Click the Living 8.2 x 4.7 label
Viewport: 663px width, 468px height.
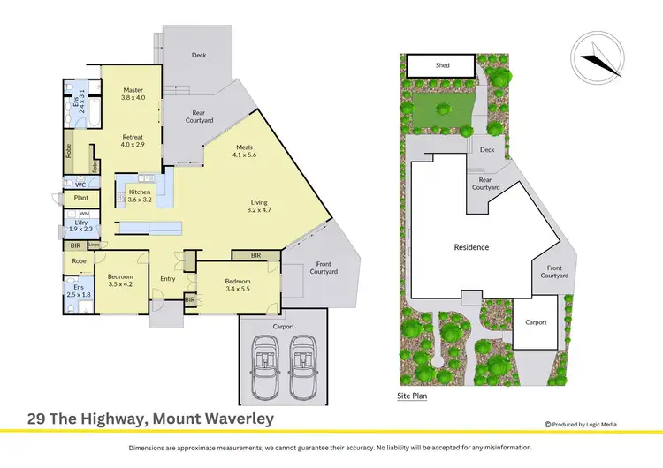click(x=260, y=208)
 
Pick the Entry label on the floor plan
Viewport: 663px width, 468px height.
click(x=168, y=279)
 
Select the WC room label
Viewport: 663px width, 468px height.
click(x=80, y=185)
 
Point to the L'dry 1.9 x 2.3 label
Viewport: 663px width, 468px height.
click(x=80, y=226)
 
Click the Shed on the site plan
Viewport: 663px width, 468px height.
click(x=442, y=65)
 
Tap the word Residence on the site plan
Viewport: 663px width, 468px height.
click(x=471, y=247)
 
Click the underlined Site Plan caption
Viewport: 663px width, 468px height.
click(x=412, y=397)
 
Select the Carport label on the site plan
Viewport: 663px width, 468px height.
click(x=537, y=322)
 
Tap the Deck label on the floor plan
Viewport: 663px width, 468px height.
click(x=200, y=55)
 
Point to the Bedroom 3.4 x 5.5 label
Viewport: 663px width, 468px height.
click(x=232, y=285)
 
